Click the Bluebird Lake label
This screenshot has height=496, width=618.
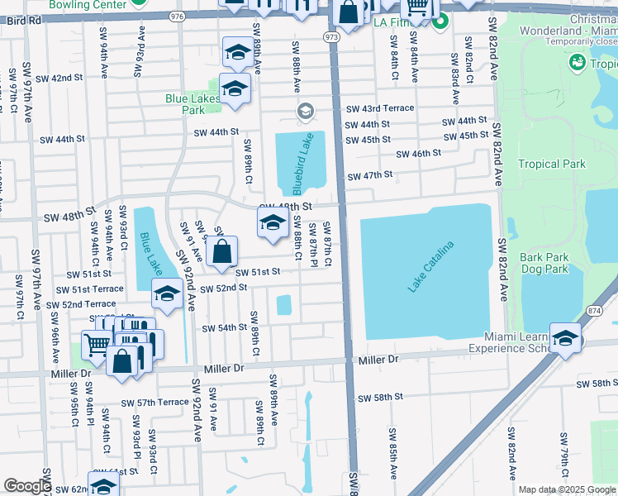(303, 163)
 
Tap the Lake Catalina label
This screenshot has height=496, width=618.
(431, 266)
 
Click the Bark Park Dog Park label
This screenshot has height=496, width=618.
(544, 263)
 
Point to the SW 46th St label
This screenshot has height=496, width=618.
(418, 153)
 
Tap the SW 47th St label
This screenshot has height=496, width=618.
(368, 175)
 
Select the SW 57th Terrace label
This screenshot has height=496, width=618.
(154, 403)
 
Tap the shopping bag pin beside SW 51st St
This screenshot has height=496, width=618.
(222, 252)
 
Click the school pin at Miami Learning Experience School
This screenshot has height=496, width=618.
(566, 339)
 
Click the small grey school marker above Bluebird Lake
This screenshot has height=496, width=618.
(305, 111)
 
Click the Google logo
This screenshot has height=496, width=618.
(27, 485)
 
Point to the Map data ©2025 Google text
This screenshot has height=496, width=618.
(567, 489)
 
